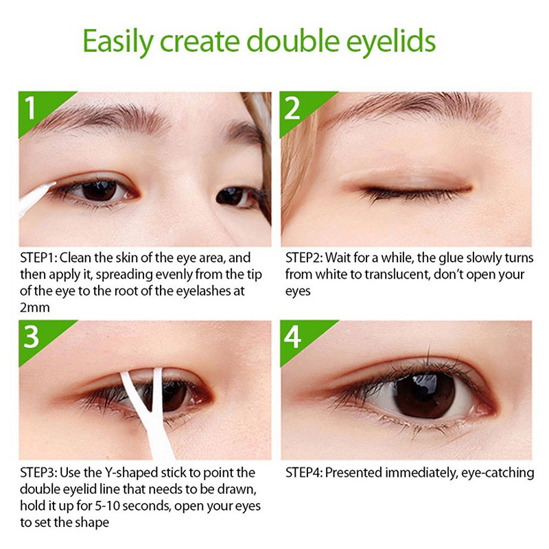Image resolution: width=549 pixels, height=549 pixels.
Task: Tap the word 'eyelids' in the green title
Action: [x=391, y=42]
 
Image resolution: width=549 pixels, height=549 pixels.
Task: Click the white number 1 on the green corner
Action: [x=31, y=108]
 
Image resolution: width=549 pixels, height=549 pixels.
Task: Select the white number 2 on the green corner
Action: [x=292, y=108]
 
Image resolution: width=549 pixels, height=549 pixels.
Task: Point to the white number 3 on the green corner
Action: [x=31, y=336]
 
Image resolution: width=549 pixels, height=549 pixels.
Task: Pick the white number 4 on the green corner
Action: [x=292, y=336]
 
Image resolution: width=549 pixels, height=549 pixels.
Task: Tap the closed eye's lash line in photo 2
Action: [x=417, y=192]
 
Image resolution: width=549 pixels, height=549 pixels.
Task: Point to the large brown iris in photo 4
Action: [x=425, y=396]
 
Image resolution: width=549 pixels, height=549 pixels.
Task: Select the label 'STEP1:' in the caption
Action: [x=39, y=258]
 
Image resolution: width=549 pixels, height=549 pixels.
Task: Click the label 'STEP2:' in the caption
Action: [x=304, y=258]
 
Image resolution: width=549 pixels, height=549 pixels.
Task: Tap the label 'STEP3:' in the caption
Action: [x=39, y=473]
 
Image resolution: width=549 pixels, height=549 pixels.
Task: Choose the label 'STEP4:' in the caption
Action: [x=304, y=473]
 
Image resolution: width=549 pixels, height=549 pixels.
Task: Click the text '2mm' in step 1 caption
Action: [x=35, y=307]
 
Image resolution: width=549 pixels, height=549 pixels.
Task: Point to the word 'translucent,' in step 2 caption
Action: [x=397, y=274]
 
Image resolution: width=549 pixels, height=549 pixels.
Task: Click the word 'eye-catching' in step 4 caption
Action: [x=498, y=473]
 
